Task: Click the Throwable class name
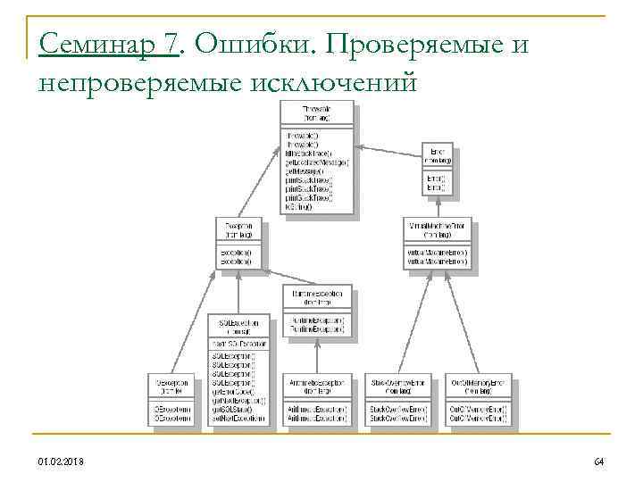tap(316, 109)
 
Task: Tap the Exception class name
tap(239, 227)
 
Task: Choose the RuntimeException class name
tap(317, 293)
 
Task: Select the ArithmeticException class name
tap(317, 381)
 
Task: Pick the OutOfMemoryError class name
tap(480, 381)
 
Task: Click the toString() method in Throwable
tap(299, 207)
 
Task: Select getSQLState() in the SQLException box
tap(231, 410)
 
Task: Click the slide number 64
tap(598, 461)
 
